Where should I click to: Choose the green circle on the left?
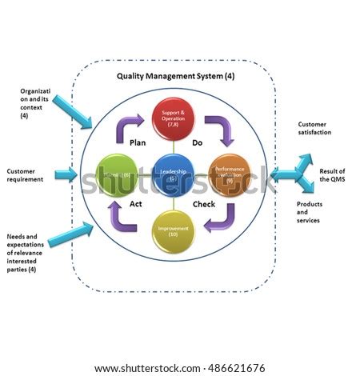click(x=117, y=173)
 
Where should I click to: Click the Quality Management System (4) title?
click(x=175, y=77)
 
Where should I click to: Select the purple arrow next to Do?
click(x=218, y=127)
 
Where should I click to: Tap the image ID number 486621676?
click(x=236, y=367)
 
